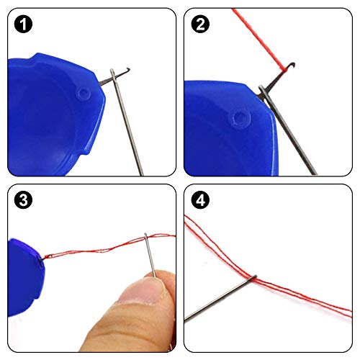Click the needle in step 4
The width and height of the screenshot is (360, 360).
pyautogui.click(x=216, y=298)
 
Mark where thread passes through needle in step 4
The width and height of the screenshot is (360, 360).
pyautogui.click(x=252, y=276)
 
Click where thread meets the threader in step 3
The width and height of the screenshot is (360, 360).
pyautogui.click(x=45, y=258)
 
